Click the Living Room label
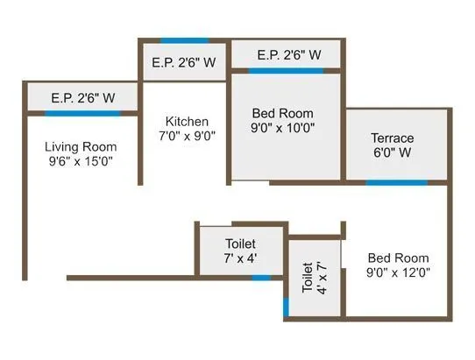(82, 146)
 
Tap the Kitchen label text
(187, 121)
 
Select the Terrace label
(392, 138)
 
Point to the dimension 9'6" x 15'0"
(82, 161)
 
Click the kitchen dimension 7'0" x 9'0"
(187, 136)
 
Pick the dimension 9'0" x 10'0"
(283, 128)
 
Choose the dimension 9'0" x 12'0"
(399, 272)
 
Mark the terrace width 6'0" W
(392, 153)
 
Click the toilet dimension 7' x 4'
(240, 258)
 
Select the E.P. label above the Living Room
(83, 98)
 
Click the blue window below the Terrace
(396, 183)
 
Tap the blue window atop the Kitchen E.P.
(184, 40)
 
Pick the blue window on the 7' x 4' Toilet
(261, 278)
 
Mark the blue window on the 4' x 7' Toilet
(287, 307)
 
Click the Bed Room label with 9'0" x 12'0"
(399, 258)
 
